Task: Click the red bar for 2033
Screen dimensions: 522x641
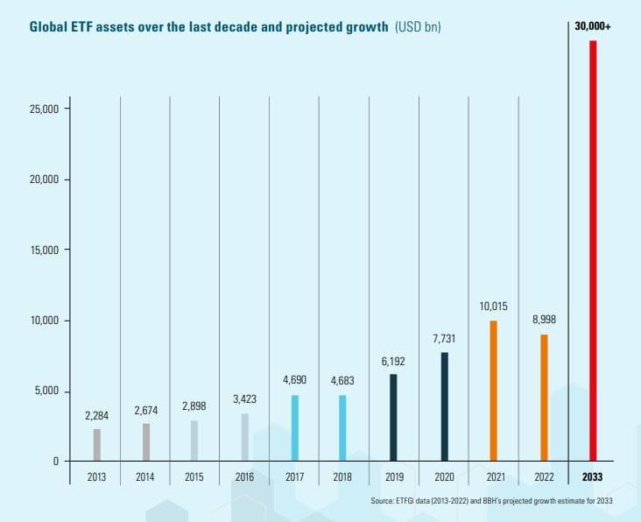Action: pos(593,250)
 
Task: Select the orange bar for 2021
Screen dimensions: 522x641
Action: pos(494,390)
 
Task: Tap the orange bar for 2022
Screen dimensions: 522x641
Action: pos(543,397)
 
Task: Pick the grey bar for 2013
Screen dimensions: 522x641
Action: pos(97,444)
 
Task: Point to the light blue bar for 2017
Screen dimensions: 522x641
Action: pos(295,427)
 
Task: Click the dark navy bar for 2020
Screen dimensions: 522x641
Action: pos(445,406)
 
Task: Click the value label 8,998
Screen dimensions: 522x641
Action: pos(543,320)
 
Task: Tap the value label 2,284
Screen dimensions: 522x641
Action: pos(97,415)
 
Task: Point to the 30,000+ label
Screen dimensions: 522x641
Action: pos(593,27)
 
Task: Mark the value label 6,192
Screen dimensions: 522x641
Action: pos(394,361)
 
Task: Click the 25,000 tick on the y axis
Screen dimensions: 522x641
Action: pos(44,109)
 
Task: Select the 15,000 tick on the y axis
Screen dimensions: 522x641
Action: pos(44,250)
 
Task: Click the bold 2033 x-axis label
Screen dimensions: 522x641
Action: pos(593,478)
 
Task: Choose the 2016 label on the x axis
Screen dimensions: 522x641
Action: pos(245,478)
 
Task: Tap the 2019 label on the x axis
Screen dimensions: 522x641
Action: pos(394,478)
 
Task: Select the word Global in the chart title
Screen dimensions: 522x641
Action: pos(51,27)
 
